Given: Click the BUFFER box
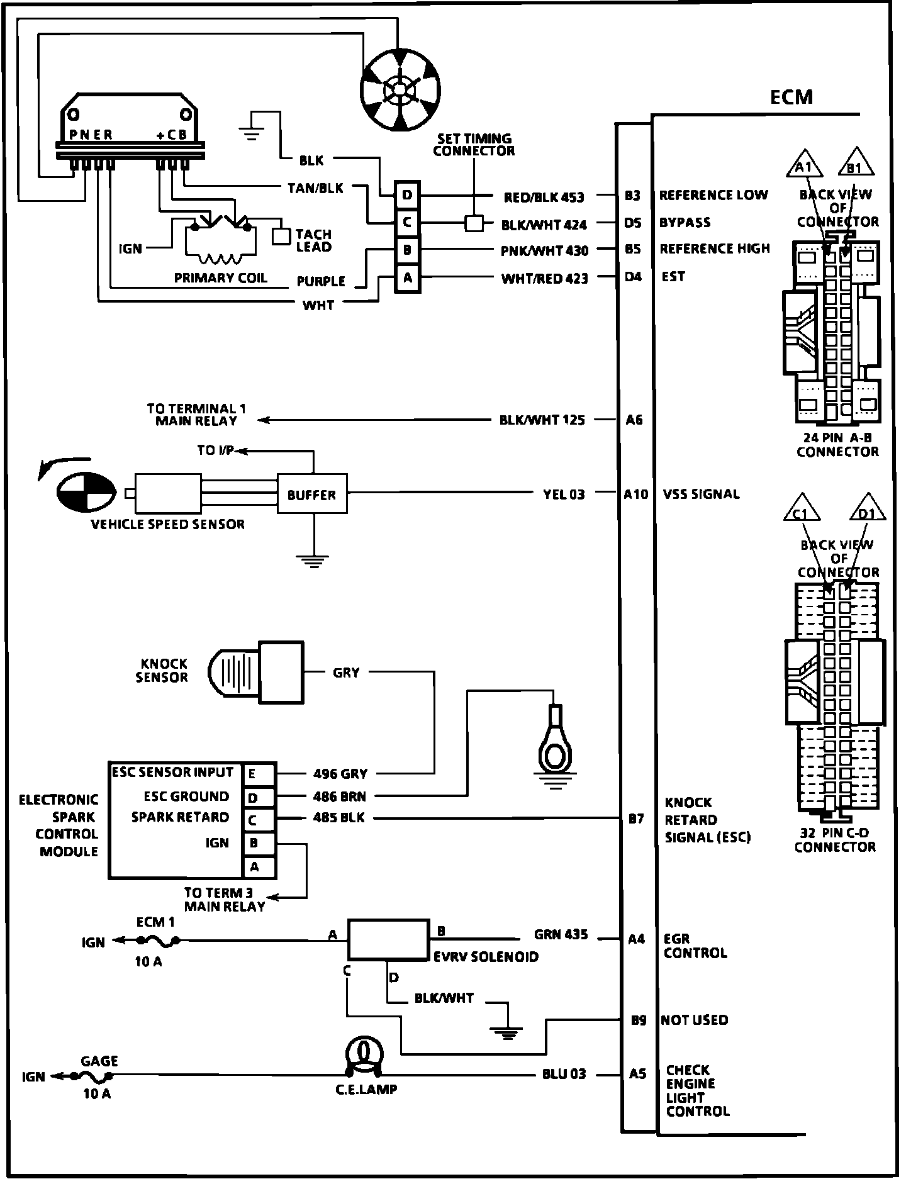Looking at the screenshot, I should tap(312, 495).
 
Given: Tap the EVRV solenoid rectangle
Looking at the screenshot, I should tap(389, 940).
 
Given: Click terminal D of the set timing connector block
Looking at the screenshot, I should tap(407, 196).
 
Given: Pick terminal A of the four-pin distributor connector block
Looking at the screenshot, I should tap(407, 277).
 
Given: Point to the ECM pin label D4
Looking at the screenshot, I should tap(633, 277).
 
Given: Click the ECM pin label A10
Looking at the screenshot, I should tap(635, 495).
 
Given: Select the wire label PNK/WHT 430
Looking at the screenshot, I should tap(545, 250).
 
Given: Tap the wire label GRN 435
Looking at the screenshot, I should tap(561, 935).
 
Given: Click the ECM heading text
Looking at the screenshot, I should tap(791, 98).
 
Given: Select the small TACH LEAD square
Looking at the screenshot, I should tap(281, 235).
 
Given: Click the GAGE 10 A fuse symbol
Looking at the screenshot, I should tap(93, 1076).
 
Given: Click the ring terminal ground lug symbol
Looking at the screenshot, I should tap(554, 742).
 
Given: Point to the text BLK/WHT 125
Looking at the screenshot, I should tap(542, 420).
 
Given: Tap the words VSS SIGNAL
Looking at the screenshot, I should tap(701, 495).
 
